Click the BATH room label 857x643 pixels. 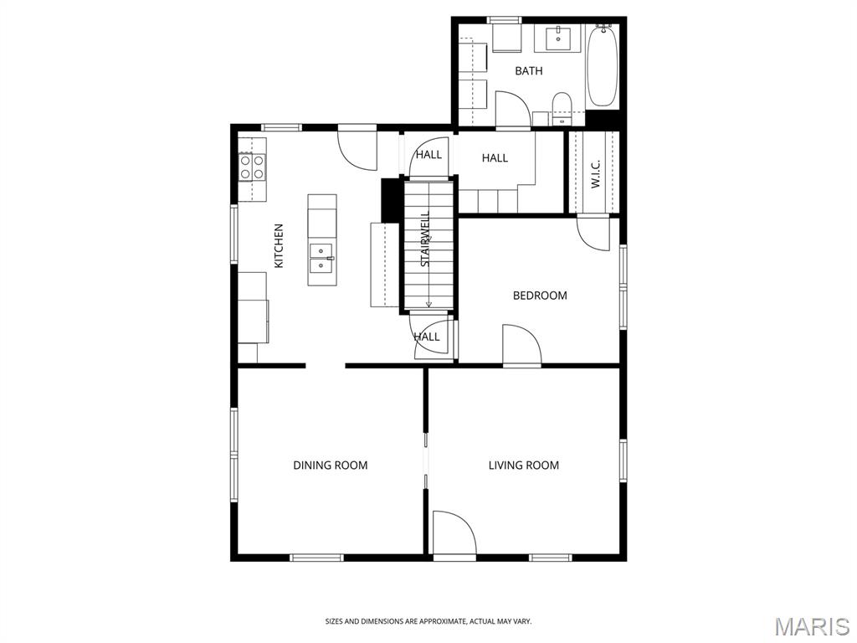(x=529, y=71)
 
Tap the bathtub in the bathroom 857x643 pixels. (x=602, y=66)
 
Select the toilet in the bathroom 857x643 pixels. (x=562, y=108)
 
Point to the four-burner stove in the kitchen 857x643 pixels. (x=252, y=167)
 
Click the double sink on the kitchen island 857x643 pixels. (x=321, y=258)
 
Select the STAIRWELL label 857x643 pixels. (x=425, y=239)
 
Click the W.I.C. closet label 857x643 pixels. (x=595, y=174)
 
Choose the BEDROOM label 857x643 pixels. (x=540, y=296)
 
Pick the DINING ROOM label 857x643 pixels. (x=330, y=466)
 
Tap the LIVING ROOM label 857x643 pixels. (x=524, y=466)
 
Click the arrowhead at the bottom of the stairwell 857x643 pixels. (x=428, y=304)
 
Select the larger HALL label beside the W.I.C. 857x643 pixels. (x=495, y=158)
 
